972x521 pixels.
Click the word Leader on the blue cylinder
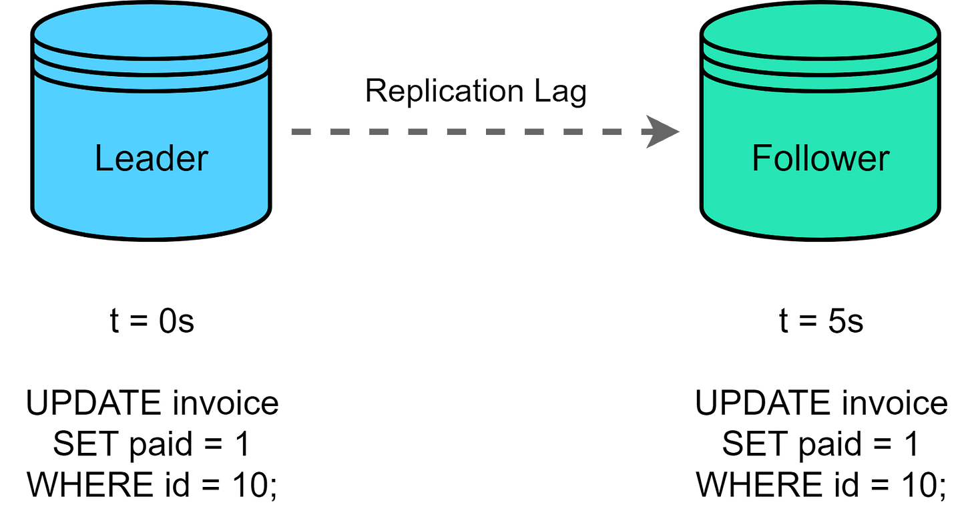[x=152, y=159]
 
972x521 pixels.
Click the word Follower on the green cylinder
[x=820, y=159]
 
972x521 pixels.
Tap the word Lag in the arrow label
[x=560, y=91]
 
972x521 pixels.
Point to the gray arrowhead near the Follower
[x=661, y=132]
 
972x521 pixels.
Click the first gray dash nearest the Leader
[x=301, y=132]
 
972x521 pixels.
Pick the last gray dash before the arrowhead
[x=612, y=132]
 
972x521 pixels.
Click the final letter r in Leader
[x=203, y=160]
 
